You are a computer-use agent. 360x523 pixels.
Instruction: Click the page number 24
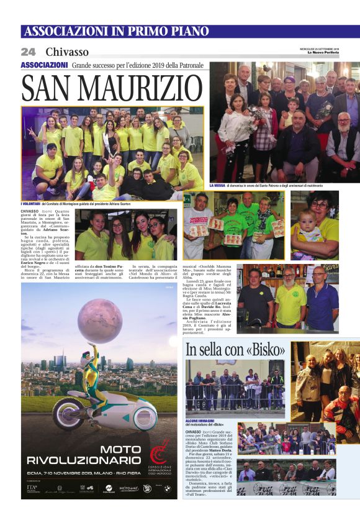click(x=28, y=52)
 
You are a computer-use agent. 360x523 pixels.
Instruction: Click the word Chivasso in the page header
click(x=67, y=52)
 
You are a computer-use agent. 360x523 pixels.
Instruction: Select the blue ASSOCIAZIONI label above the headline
click(x=44, y=65)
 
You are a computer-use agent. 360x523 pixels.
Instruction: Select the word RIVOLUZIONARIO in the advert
click(x=101, y=460)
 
